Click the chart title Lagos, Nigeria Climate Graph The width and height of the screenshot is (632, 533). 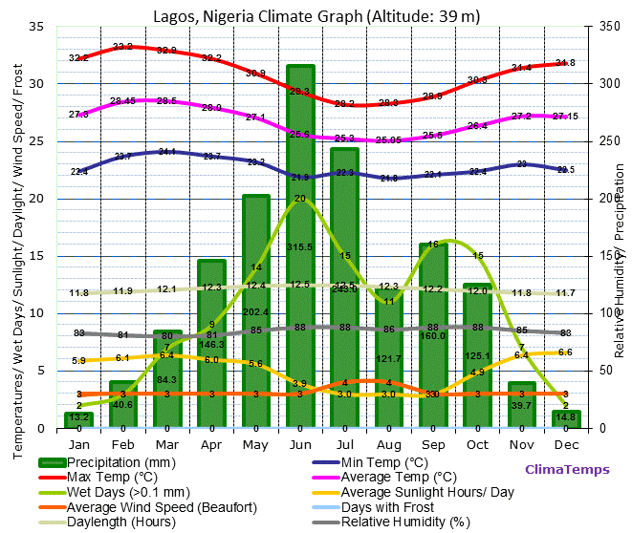click(x=316, y=16)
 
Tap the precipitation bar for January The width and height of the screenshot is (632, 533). click(x=79, y=419)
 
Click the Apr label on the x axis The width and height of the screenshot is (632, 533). click(x=211, y=444)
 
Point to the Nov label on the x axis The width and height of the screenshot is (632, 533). click(x=521, y=444)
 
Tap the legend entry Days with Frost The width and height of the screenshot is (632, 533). click(x=389, y=506)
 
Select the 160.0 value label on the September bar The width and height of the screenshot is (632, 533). click(x=433, y=335)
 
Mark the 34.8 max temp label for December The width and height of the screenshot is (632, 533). click(x=565, y=63)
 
